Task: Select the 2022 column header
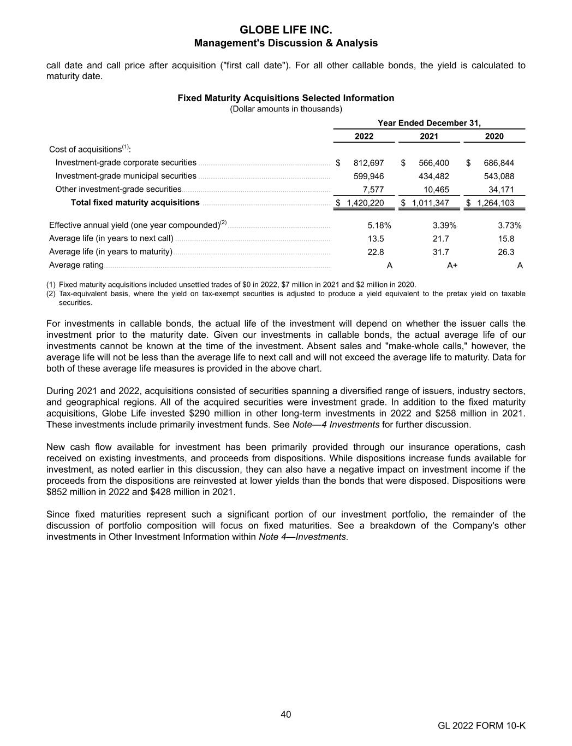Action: pos(364,136)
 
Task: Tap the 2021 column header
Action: pos(429,136)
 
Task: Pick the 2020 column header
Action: pos(494,136)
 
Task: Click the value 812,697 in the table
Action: pos(369,163)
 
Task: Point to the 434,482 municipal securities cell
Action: pos(434,176)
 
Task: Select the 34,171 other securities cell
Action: pos(501,189)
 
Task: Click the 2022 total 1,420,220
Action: pos(365,203)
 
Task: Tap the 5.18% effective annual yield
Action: pos(379,225)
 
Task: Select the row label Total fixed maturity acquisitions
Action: pos(135,203)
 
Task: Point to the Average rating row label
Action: pos(76,265)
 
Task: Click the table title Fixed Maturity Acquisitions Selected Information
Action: pos(286,98)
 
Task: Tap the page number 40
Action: pos(286,714)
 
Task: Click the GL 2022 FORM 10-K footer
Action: pos(481,726)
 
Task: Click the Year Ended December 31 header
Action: pos(429,123)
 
